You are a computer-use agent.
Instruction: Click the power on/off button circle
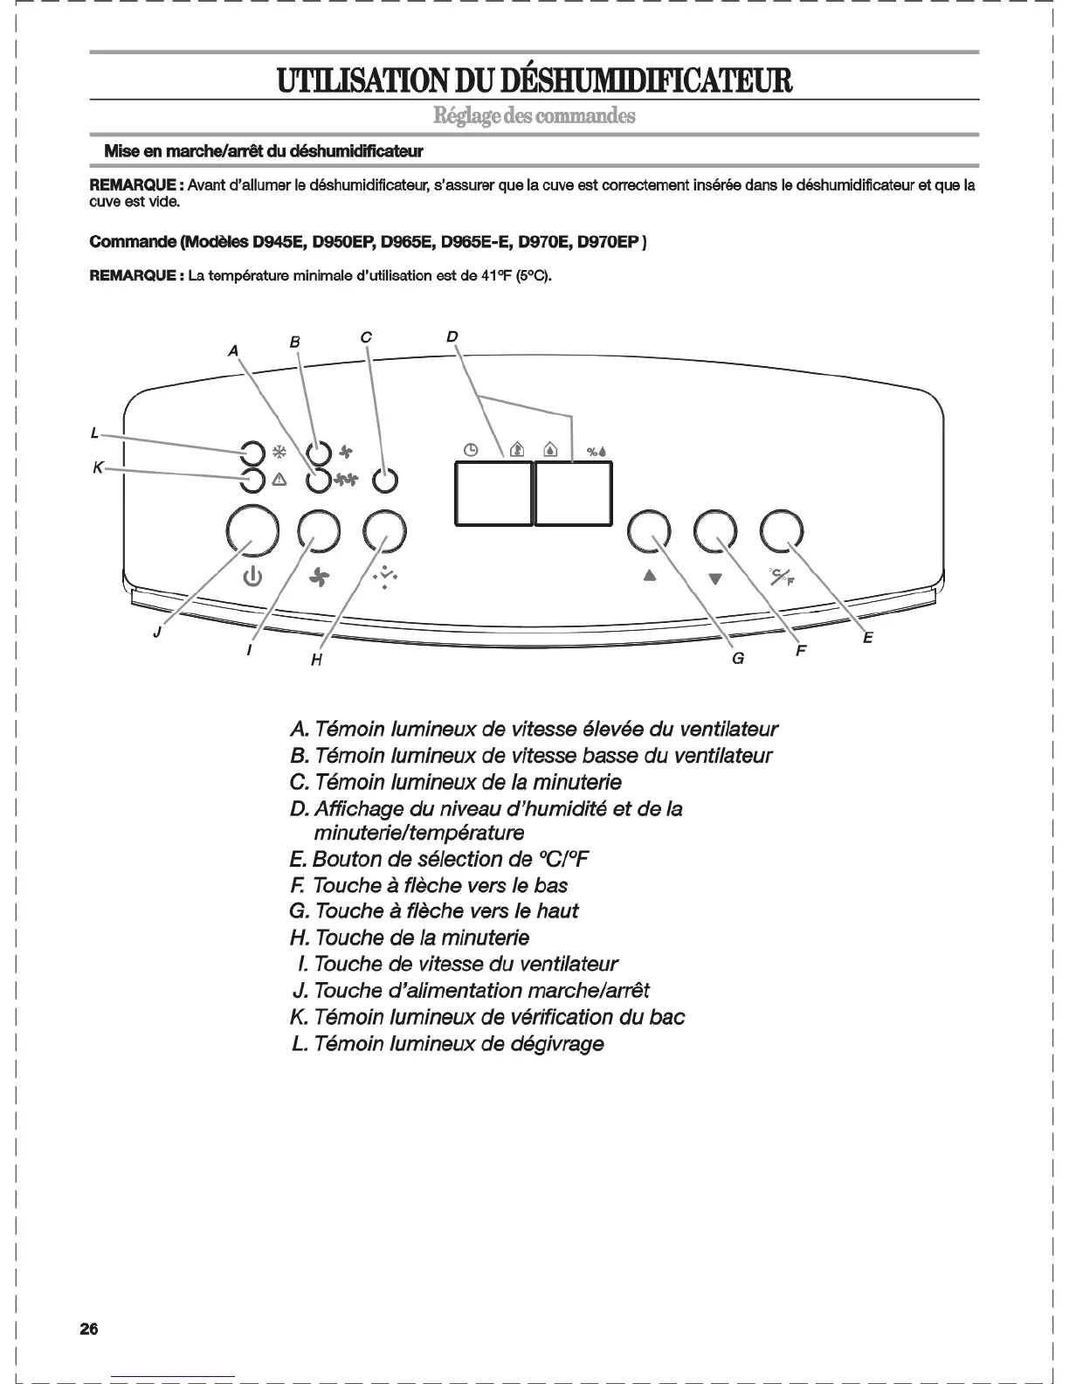(x=252, y=529)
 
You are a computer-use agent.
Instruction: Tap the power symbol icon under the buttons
(x=252, y=578)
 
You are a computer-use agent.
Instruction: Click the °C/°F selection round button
(x=782, y=530)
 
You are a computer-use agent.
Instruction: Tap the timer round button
(x=385, y=529)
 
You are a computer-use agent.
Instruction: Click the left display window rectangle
(x=493, y=494)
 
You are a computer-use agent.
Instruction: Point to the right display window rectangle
(x=573, y=494)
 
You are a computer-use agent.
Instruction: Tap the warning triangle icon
(x=279, y=480)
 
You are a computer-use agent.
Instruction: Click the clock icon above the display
(x=471, y=450)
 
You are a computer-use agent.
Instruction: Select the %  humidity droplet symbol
(x=597, y=451)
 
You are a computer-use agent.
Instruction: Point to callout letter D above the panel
(x=452, y=336)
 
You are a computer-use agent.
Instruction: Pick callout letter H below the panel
(x=316, y=661)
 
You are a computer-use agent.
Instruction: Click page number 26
(x=89, y=1329)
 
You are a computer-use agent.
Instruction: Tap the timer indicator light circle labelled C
(x=384, y=480)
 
